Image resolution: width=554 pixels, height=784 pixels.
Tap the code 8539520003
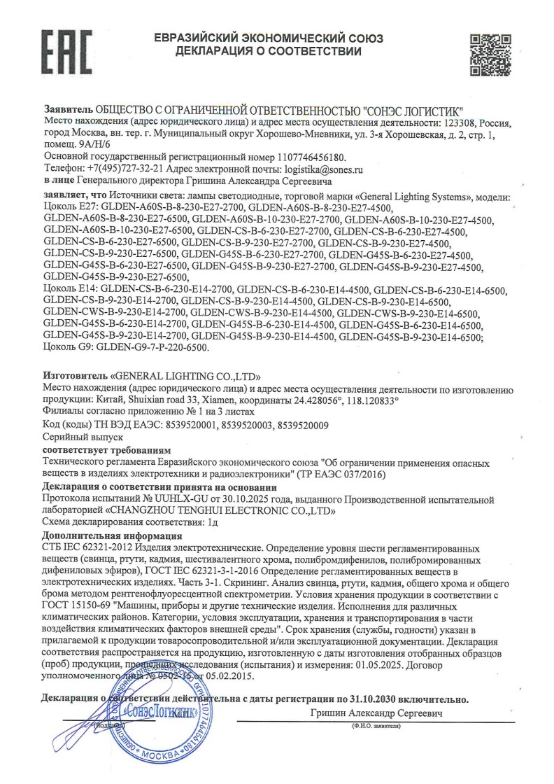click(241, 425)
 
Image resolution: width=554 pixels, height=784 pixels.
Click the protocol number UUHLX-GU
click(159, 499)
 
